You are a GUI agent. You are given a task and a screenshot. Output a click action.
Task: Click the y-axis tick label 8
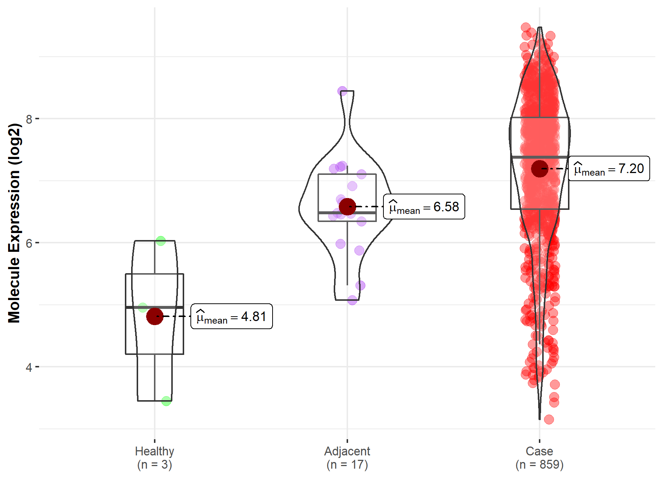[29, 119]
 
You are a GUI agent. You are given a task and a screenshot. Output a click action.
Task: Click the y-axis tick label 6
[29, 243]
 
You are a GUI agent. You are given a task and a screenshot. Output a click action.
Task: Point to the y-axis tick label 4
[29, 367]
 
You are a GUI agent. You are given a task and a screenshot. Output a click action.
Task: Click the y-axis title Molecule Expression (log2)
[14, 223]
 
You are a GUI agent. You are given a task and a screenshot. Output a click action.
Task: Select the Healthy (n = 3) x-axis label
[154, 458]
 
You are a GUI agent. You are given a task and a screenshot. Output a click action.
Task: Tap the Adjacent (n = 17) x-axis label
[347, 458]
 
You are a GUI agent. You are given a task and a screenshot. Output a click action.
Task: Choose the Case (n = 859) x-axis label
[539, 458]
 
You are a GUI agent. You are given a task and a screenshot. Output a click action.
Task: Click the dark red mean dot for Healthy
[155, 316]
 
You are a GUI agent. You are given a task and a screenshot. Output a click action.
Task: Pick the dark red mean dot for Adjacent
[347, 207]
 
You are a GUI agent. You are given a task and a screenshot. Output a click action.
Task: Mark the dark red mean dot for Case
[540, 168]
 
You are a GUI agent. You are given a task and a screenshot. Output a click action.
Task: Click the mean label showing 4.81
[231, 317]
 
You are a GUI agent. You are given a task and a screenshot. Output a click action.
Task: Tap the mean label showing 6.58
[424, 207]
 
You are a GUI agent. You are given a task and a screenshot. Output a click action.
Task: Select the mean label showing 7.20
[609, 169]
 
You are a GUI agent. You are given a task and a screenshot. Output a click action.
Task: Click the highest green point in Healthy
[161, 241]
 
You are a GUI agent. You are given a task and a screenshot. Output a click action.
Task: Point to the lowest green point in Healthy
[166, 401]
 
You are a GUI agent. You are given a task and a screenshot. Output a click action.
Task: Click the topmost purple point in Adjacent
[343, 91]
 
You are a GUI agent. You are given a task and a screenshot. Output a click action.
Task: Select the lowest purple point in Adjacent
[352, 300]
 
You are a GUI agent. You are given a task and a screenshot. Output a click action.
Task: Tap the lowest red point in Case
[549, 419]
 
